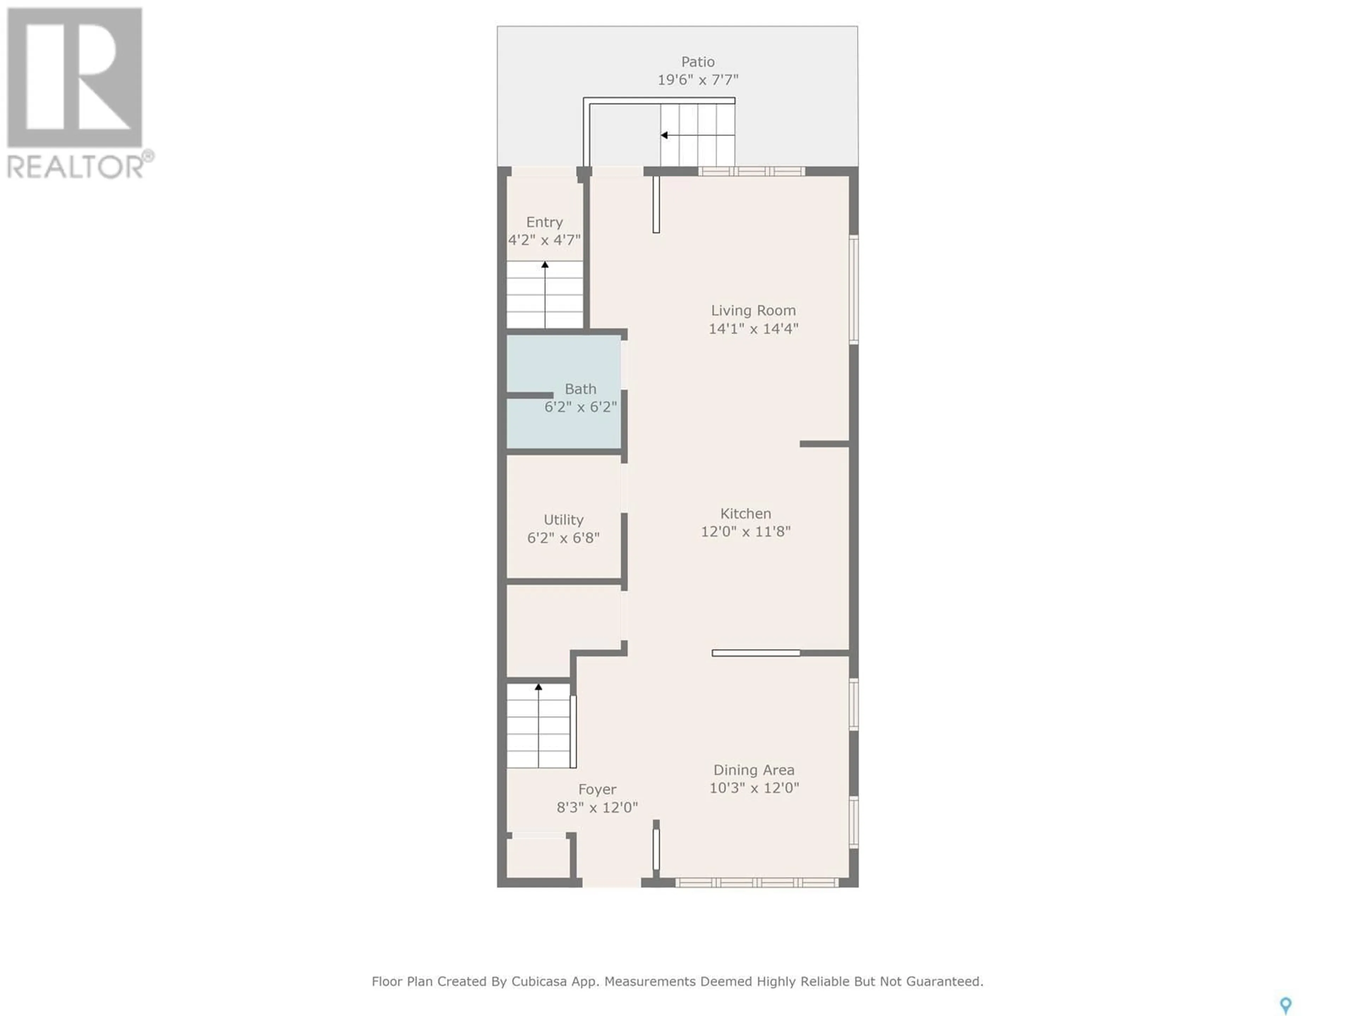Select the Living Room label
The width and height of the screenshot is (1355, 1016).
pos(753,310)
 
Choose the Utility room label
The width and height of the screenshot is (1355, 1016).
pos(564,520)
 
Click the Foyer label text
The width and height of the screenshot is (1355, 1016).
pos(597,790)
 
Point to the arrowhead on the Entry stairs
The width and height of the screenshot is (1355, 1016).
pos(544,265)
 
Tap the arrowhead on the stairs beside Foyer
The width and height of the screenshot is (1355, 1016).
pos(538,687)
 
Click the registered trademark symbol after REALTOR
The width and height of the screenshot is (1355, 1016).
pos(148,156)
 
